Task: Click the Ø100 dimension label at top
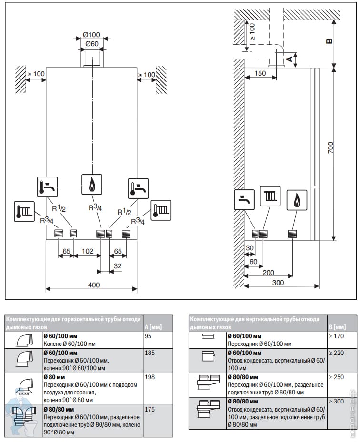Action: [91, 35]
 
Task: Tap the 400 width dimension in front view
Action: [94, 285]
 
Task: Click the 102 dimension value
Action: [87, 250]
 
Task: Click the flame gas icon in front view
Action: [91, 185]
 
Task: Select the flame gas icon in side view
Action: [298, 200]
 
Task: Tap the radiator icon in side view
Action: [270, 196]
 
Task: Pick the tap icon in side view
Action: [244, 200]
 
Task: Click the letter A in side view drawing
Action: [288, 59]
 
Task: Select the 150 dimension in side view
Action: [260, 73]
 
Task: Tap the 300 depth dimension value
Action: [278, 282]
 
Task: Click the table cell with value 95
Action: [149, 336]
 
